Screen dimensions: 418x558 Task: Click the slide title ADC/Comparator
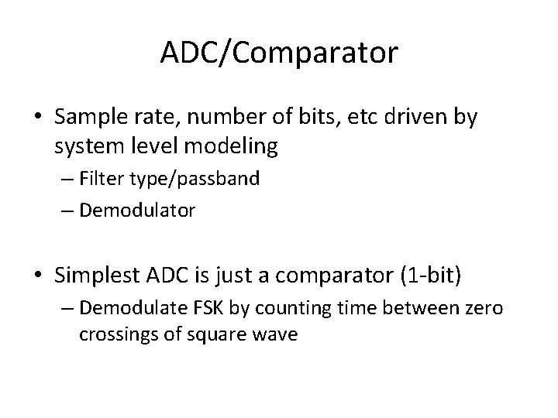pyautogui.click(x=279, y=53)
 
